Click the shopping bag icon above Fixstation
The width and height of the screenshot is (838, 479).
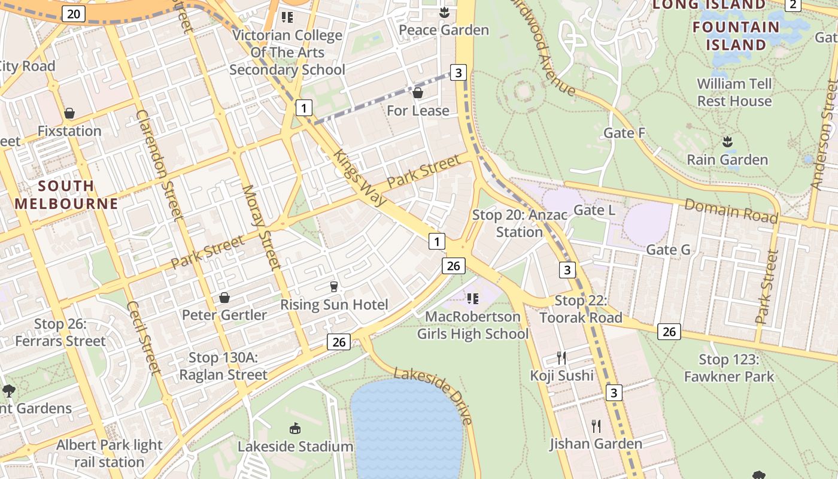click(69, 113)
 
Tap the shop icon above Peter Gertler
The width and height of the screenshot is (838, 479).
click(224, 298)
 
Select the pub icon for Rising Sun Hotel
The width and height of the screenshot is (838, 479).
click(334, 287)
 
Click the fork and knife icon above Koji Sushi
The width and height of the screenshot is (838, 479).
click(561, 358)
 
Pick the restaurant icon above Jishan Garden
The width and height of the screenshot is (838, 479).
click(596, 426)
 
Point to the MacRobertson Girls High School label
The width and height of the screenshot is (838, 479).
click(472, 325)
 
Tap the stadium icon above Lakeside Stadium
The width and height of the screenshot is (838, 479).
click(295, 429)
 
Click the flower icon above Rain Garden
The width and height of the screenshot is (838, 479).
click(727, 142)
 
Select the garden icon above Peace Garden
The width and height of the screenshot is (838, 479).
click(444, 12)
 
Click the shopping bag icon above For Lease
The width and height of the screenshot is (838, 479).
click(418, 93)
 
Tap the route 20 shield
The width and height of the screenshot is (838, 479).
click(72, 14)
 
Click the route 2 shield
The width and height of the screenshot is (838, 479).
click(793, 5)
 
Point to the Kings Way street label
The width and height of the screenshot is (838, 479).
click(360, 178)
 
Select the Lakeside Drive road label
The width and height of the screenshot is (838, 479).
click(434, 396)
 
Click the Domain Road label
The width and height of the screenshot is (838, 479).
click(731, 211)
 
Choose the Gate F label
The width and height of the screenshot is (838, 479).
click(624, 133)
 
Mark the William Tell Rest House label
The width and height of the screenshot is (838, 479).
click(734, 92)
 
